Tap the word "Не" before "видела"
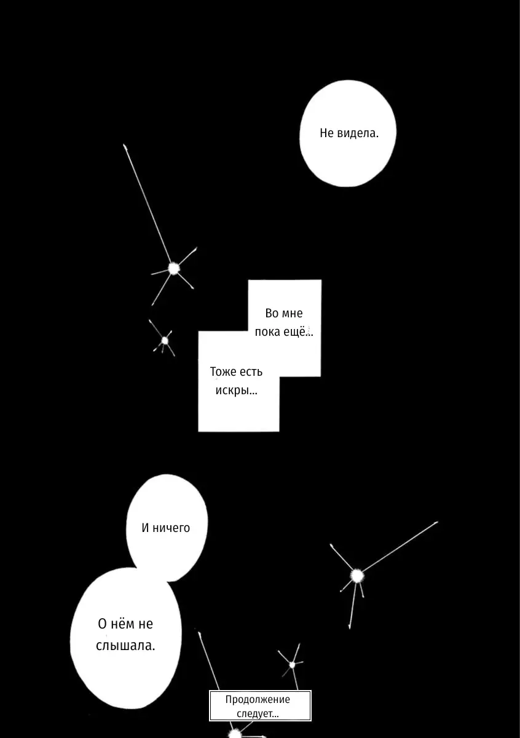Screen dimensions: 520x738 pos(327,133)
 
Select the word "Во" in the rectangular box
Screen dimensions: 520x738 pos(272,313)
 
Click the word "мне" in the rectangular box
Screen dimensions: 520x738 pos(292,314)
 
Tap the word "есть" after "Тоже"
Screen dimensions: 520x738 pos(251,372)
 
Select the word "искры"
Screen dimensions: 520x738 pos(232,391)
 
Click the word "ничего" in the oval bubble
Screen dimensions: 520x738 pos(171,528)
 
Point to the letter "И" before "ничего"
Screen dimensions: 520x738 pos(146,528)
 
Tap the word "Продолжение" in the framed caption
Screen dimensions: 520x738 pos(258,699)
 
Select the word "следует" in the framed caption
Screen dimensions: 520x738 pos(254,713)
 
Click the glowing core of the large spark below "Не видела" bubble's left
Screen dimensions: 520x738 pos(173,269)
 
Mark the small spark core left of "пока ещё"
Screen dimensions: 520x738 pos(165,340)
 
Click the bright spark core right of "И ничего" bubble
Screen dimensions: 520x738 pos(357,576)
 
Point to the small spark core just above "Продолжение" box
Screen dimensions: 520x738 pos(292,665)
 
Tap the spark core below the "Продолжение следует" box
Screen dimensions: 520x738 pos(235,734)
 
